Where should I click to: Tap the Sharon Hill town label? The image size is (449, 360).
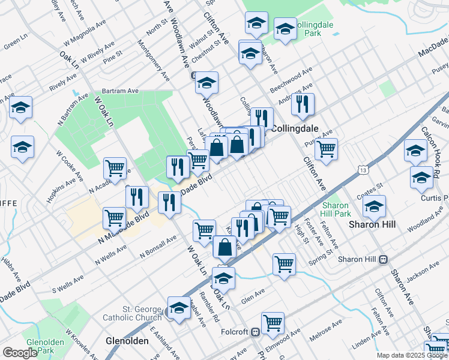(372, 224)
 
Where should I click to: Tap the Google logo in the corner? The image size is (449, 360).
(20, 353)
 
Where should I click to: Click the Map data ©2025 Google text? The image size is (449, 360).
(412, 355)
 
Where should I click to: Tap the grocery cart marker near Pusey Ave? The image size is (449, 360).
(326, 149)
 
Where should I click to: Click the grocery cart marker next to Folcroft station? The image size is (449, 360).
(273, 323)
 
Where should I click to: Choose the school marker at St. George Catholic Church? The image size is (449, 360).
(178, 307)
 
